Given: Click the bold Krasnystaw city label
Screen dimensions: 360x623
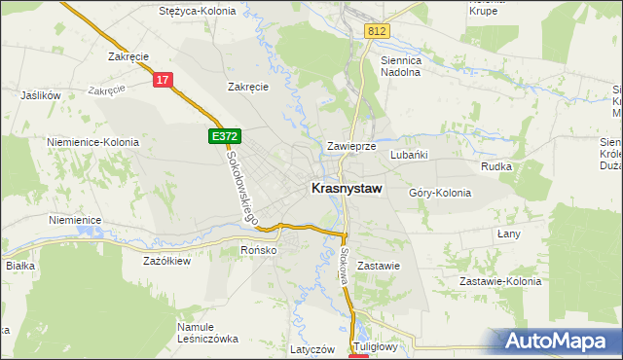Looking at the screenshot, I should (x=346, y=189).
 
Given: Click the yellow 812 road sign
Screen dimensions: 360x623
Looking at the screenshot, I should (x=379, y=32).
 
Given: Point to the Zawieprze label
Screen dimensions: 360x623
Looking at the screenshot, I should (x=351, y=146).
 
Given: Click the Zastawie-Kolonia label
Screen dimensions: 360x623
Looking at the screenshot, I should (x=499, y=282).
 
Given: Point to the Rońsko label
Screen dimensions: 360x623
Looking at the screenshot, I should (x=260, y=250).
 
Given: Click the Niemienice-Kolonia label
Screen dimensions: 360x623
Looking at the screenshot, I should (x=92, y=142).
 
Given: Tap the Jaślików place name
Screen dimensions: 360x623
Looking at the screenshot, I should (x=41, y=96).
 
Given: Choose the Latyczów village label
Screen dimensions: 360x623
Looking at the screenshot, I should (x=312, y=348).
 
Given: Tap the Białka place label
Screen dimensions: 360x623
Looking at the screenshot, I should (x=20, y=265).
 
